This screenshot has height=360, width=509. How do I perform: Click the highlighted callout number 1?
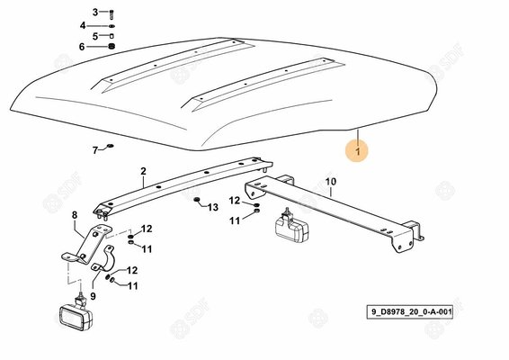(357, 151)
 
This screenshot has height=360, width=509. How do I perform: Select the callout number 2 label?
(143, 171)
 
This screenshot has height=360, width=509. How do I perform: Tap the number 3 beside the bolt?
(94, 13)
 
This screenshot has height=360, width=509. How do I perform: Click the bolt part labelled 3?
(112, 14)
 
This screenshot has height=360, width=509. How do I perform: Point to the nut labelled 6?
(112, 47)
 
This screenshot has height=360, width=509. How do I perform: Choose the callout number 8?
(75, 215)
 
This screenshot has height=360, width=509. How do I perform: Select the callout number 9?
(94, 296)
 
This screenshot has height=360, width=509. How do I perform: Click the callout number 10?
(330, 181)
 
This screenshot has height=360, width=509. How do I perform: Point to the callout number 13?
(213, 207)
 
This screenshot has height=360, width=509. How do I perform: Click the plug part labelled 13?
(197, 199)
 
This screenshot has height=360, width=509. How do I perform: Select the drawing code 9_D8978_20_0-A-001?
(409, 312)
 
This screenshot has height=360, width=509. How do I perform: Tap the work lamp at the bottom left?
(76, 312)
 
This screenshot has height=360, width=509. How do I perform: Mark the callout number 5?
(94, 36)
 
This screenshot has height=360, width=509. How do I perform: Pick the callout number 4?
(83, 25)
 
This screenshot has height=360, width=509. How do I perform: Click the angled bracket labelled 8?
(86, 244)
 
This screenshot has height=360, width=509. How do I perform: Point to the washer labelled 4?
(112, 26)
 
